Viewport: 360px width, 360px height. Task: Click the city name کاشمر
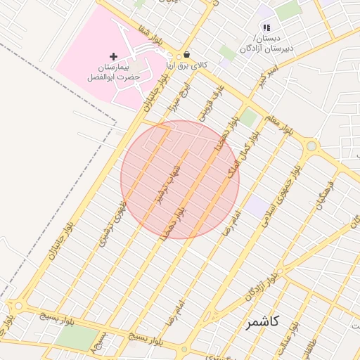(263, 323)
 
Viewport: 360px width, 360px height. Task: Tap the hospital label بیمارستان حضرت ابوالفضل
(114, 70)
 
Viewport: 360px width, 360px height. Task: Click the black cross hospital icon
(114, 56)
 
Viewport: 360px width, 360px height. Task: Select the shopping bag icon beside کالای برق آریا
(186, 55)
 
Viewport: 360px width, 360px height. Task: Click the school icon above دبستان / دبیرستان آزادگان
(266, 27)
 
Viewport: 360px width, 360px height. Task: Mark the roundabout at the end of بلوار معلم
(311, 146)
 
